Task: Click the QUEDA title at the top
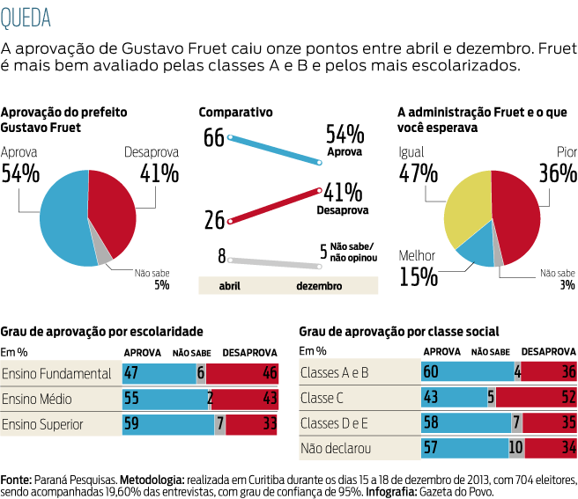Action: tap(26, 17)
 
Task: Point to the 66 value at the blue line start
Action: tap(214, 137)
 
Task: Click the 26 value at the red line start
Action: tap(214, 220)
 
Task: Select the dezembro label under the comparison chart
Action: tap(319, 286)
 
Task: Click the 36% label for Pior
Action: tap(557, 173)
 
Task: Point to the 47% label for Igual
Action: tap(418, 173)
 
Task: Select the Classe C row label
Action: tap(322, 398)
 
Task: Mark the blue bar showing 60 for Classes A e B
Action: tap(467, 372)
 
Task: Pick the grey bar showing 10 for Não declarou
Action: tap(516, 449)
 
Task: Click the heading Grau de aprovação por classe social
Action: tap(399, 332)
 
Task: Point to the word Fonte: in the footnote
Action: tap(17, 480)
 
